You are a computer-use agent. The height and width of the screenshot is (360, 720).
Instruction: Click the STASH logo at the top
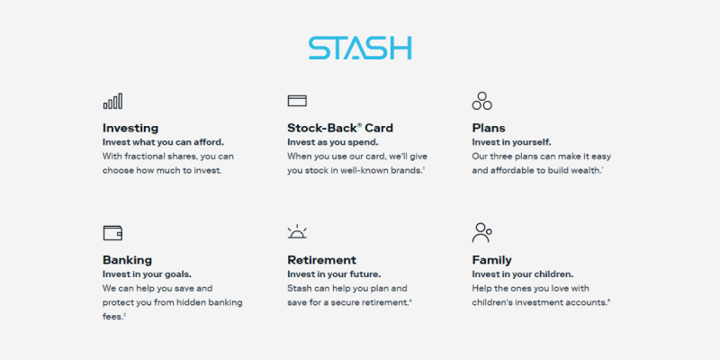pos(360,49)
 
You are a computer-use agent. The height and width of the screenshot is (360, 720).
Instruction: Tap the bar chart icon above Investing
pos(112,101)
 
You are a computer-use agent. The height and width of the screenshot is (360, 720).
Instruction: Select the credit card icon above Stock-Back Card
pos(297,101)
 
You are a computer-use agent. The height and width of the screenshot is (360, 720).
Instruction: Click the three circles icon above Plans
pos(481,101)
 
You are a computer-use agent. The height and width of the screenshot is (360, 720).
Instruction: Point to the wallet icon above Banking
pos(112,233)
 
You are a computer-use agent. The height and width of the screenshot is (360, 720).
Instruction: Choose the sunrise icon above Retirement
pos(297,232)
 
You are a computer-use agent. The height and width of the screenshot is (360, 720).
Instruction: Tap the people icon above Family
pos(481,233)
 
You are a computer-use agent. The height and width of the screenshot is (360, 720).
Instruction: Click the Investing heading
pos(130,128)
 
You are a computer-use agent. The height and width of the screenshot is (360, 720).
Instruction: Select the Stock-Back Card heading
pos(340,128)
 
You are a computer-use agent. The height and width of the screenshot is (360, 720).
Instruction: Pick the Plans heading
pos(489,128)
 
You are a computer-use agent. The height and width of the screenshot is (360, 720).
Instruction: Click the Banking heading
pos(127,260)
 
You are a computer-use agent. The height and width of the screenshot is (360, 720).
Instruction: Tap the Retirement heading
pos(322,260)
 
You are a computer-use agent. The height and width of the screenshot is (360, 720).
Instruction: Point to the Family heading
pos(491,260)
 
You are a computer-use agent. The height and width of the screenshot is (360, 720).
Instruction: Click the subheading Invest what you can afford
pos(164,142)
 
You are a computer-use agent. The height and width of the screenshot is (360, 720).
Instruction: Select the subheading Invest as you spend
pos(333,142)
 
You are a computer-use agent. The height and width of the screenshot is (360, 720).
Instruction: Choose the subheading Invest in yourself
pos(511,142)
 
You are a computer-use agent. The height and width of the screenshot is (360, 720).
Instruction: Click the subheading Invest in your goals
pos(147,274)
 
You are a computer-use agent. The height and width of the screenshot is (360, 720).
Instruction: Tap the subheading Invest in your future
pos(334,274)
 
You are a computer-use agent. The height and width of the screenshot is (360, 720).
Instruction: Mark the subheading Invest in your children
pos(523,274)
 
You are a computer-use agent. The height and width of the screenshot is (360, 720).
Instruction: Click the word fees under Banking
pos(112,317)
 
